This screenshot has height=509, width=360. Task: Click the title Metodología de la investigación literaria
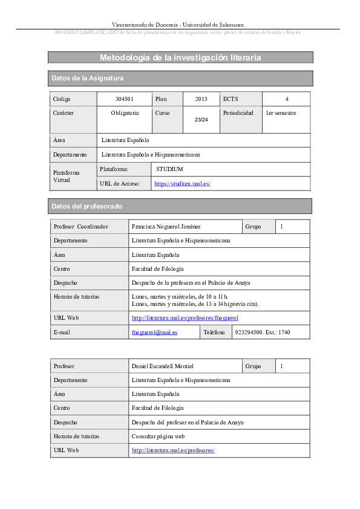[x=180, y=57]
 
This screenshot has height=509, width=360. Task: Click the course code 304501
[x=124, y=99]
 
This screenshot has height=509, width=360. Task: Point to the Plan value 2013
[x=201, y=99]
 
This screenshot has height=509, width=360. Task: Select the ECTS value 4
[x=286, y=99]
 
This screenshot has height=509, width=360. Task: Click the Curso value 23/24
[x=201, y=120]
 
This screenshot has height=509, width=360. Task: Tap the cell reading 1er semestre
[x=281, y=113]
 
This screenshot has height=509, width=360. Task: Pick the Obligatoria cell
[x=125, y=113]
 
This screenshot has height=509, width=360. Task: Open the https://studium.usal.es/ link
[x=182, y=184]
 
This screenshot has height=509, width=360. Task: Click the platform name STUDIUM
[x=169, y=169]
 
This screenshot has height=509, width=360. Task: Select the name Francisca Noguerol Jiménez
[x=166, y=227]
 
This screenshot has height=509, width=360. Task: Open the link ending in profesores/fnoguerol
[x=185, y=318]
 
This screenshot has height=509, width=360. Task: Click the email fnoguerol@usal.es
[x=154, y=332]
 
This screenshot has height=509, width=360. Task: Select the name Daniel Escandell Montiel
[x=162, y=366]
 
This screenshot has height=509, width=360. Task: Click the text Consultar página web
[x=158, y=436]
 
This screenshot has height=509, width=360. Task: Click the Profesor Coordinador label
[x=80, y=227]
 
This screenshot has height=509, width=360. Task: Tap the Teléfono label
[x=214, y=332]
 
